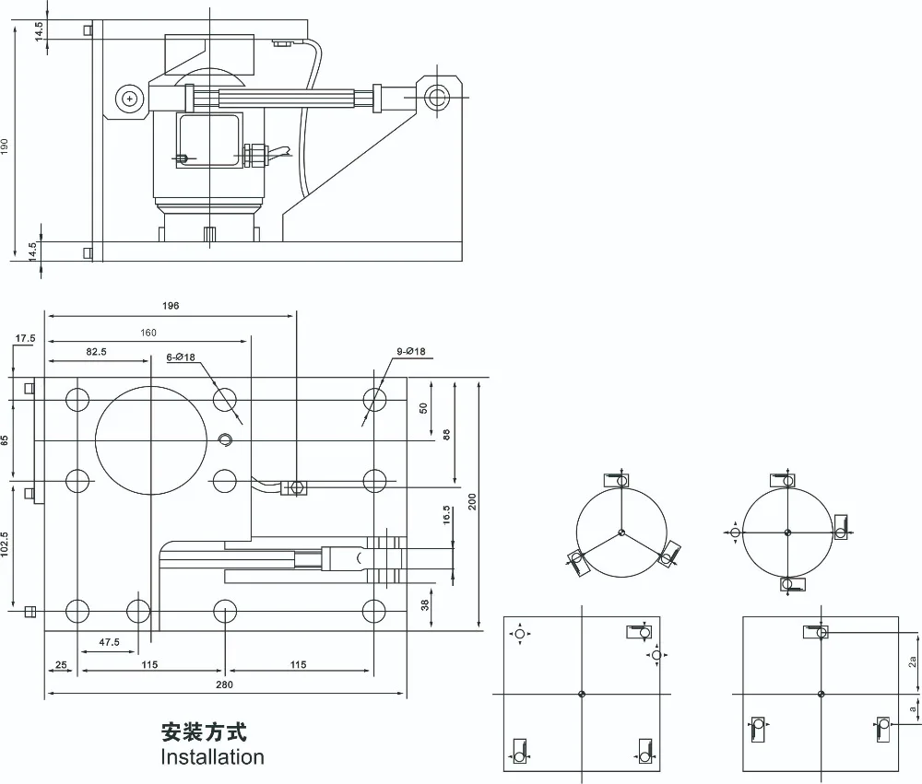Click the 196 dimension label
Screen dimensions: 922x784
(171, 306)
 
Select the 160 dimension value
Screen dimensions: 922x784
(148, 333)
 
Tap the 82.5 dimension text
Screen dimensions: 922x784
(97, 351)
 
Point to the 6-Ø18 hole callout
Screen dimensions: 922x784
(181, 357)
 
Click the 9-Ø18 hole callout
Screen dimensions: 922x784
(410, 351)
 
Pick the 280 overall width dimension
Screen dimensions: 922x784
(224, 685)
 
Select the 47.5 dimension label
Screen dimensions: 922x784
(110, 642)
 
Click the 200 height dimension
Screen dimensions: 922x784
(472, 501)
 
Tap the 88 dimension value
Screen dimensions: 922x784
(446, 435)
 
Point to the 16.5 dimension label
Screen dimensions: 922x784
(446, 515)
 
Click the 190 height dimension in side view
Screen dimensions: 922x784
(5, 146)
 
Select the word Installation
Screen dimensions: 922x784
(212, 757)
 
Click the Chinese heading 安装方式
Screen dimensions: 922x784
(204, 732)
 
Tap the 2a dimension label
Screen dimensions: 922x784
(912, 661)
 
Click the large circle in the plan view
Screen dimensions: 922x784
(151, 385)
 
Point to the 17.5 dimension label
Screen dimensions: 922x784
(25, 338)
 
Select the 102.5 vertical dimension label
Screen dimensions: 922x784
(5, 544)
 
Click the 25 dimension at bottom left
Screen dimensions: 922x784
(61, 665)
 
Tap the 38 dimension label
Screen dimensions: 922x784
(425, 604)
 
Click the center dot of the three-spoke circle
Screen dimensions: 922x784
(621, 533)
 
